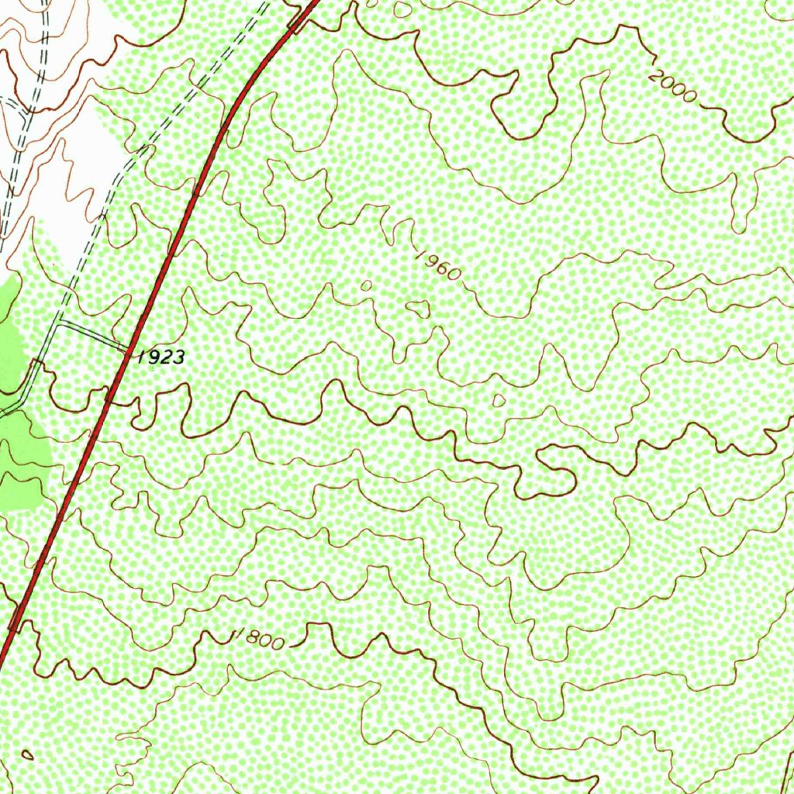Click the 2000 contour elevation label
click(672, 86)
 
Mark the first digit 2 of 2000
click(656, 76)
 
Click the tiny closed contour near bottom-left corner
click(27, 754)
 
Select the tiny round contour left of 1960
click(366, 285)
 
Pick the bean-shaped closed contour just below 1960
click(418, 309)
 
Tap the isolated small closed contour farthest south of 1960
click(499, 400)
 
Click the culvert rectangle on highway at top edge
click(297, 21)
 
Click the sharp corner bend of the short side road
click(58, 321)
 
